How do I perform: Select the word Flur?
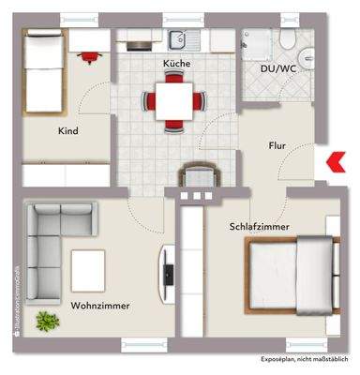click(x=276, y=146)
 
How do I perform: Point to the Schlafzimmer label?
click(x=259, y=227)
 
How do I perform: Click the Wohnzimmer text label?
click(x=99, y=306)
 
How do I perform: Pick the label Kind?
click(x=67, y=131)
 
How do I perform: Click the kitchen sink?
click(x=178, y=40)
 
